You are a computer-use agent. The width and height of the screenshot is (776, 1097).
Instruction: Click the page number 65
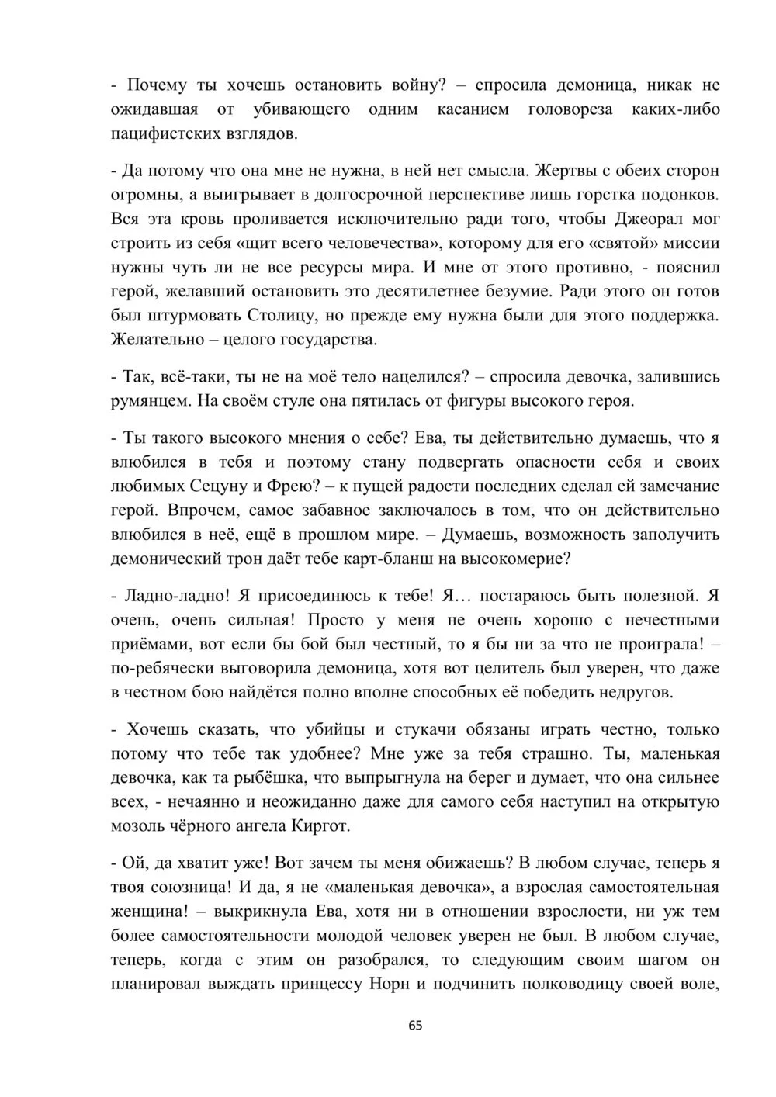point(415,1025)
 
